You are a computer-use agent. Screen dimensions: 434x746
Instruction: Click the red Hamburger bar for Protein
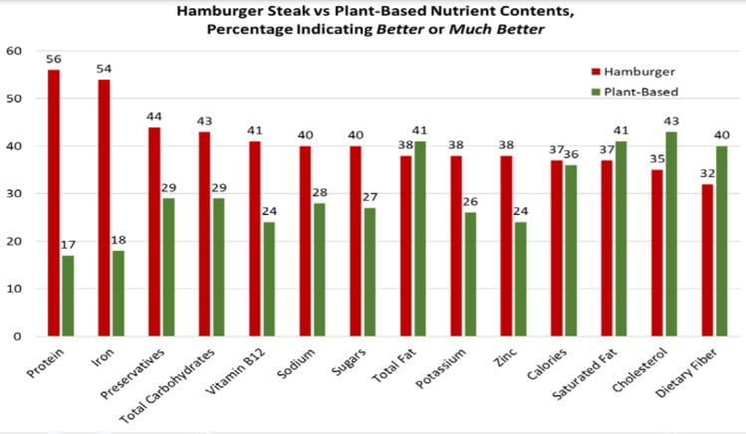pyautogui.click(x=53, y=203)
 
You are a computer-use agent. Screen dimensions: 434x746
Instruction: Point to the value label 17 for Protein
pyautogui.click(x=68, y=247)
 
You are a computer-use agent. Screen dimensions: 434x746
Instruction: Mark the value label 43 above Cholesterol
pyautogui.click(x=670, y=123)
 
